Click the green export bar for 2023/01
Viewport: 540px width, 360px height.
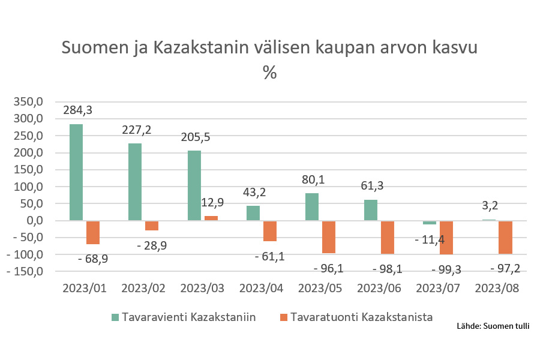(76, 172)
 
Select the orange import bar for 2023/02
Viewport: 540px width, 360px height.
(152, 226)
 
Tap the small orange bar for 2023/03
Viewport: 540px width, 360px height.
(211, 218)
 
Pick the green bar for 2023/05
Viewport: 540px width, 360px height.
(312, 207)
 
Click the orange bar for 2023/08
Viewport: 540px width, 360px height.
(506, 237)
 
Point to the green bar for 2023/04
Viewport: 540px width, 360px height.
(253, 214)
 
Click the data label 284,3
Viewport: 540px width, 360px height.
(78, 110)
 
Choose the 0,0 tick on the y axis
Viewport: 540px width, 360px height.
(34, 221)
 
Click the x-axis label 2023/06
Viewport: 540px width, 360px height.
(379, 288)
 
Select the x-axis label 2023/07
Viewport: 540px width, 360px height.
(438, 288)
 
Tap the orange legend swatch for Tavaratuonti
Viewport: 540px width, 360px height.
(284, 317)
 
